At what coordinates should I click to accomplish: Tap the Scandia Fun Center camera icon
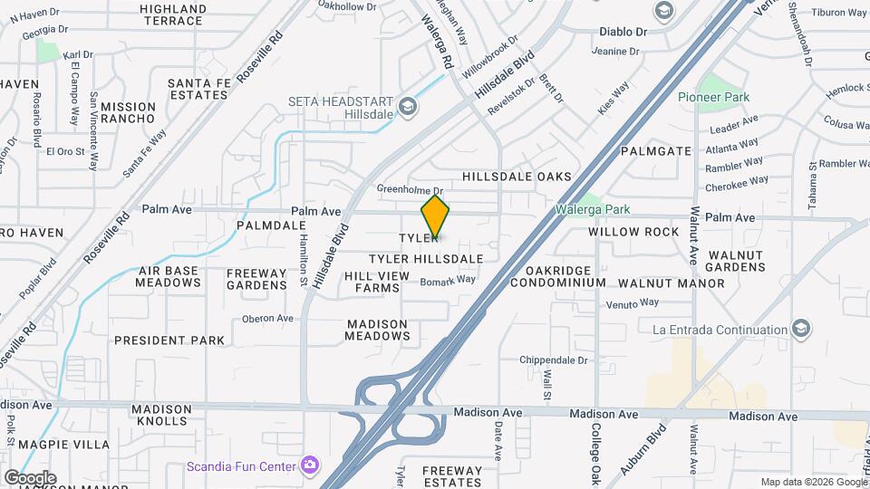click(x=311, y=465)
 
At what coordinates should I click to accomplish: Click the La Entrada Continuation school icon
click(x=800, y=329)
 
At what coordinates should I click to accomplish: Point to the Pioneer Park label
click(x=713, y=97)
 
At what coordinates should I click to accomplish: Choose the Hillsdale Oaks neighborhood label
click(x=517, y=177)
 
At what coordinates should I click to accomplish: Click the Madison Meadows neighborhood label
click(x=378, y=330)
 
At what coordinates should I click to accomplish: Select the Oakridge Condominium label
click(x=557, y=276)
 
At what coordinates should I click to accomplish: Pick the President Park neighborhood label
click(x=169, y=340)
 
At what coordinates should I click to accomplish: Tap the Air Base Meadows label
click(x=169, y=276)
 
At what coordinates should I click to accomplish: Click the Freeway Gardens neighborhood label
click(x=256, y=279)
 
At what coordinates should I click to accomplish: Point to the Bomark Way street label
click(x=448, y=280)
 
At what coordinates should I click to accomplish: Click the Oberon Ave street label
click(x=267, y=319)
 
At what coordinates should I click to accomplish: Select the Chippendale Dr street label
click(x=555, y=360)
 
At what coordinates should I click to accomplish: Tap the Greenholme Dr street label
click(x=410, y=188)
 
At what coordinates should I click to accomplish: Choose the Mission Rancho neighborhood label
click(x=128, y=112)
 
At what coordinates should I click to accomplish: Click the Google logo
click(x=30, y=477)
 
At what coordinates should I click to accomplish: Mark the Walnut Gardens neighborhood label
click(x=737, y=261)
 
